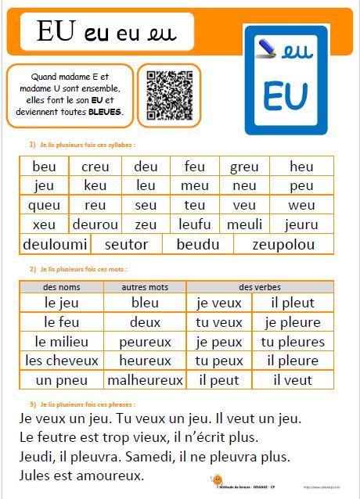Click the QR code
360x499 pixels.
(x=169, y=95)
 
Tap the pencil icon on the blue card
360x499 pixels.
(x=265, y=49)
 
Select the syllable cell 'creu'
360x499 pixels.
(x=95, y=167)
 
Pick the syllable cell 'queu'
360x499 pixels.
(x=44, y=205)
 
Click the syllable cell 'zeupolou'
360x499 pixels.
(x=283, y=244)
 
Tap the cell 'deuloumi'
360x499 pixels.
(x=55, y=244)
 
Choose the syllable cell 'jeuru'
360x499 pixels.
(x=301, y=224)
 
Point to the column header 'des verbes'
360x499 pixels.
(x=260, y=287)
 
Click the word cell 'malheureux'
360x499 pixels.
(x=146, y=381)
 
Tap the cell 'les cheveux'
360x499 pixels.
(x=62, y=361)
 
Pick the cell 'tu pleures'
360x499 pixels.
(x=293, y=342)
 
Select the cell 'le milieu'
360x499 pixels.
(x=62, y=342)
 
